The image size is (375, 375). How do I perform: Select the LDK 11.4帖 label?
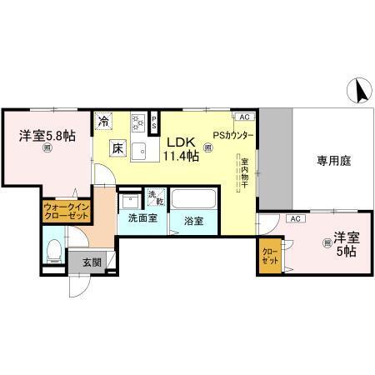coord(180,148)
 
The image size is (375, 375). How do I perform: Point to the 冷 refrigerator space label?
coord(103,122)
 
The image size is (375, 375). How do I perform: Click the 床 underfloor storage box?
coord(117,149)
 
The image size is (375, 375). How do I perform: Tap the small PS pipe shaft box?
coord(153,122)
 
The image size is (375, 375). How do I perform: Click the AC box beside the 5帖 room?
coord(293,218)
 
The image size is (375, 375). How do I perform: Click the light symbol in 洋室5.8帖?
coord(47,148)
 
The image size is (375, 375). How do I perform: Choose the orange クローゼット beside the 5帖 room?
coord(271,255)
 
